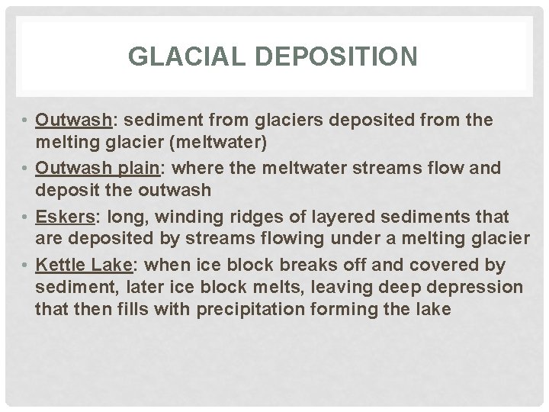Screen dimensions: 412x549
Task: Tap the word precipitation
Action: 293,309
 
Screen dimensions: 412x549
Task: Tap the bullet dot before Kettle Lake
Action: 25,266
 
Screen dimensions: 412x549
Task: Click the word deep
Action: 406,288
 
